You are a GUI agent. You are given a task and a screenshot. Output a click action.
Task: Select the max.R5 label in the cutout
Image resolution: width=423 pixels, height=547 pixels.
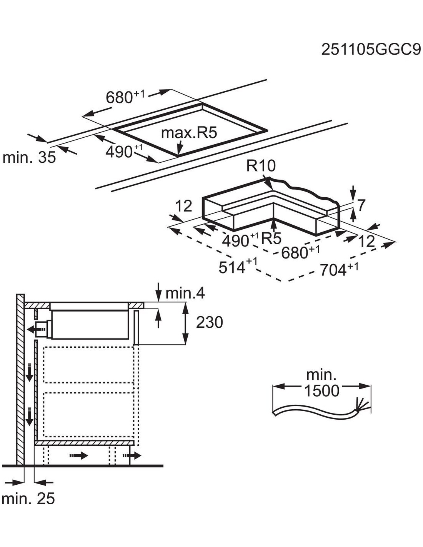(189, 133)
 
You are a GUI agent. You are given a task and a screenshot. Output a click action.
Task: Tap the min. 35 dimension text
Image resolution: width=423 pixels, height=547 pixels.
(29, 157)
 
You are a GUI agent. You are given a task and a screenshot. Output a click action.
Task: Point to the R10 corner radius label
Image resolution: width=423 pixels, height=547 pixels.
(261, 166)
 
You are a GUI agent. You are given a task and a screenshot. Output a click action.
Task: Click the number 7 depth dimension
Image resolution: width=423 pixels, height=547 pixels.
(360, 206)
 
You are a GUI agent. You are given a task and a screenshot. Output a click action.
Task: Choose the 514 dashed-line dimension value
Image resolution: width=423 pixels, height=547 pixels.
(232, 267)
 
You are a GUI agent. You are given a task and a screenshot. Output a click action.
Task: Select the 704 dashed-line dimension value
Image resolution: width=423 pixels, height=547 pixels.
(333, 270)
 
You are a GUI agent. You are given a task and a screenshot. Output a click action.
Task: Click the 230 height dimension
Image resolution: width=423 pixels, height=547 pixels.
(209, 322)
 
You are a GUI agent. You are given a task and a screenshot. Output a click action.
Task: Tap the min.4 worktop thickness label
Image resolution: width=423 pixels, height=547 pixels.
(185, 294)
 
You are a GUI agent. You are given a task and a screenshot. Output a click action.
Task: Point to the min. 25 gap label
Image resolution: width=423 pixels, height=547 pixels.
(28, 499)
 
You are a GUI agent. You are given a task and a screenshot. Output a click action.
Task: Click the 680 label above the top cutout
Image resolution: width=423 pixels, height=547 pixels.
(120, 97)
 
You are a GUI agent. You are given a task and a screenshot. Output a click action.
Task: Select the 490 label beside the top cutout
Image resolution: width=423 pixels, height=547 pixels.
(119, 152)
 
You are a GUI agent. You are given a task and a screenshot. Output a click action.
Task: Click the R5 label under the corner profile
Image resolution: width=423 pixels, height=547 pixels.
(271, 239)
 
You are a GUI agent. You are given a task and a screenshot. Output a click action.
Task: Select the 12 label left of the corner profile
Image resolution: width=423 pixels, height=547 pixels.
(183, 207)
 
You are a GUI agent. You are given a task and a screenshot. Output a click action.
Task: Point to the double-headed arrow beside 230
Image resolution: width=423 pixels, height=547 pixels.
(186, 324)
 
